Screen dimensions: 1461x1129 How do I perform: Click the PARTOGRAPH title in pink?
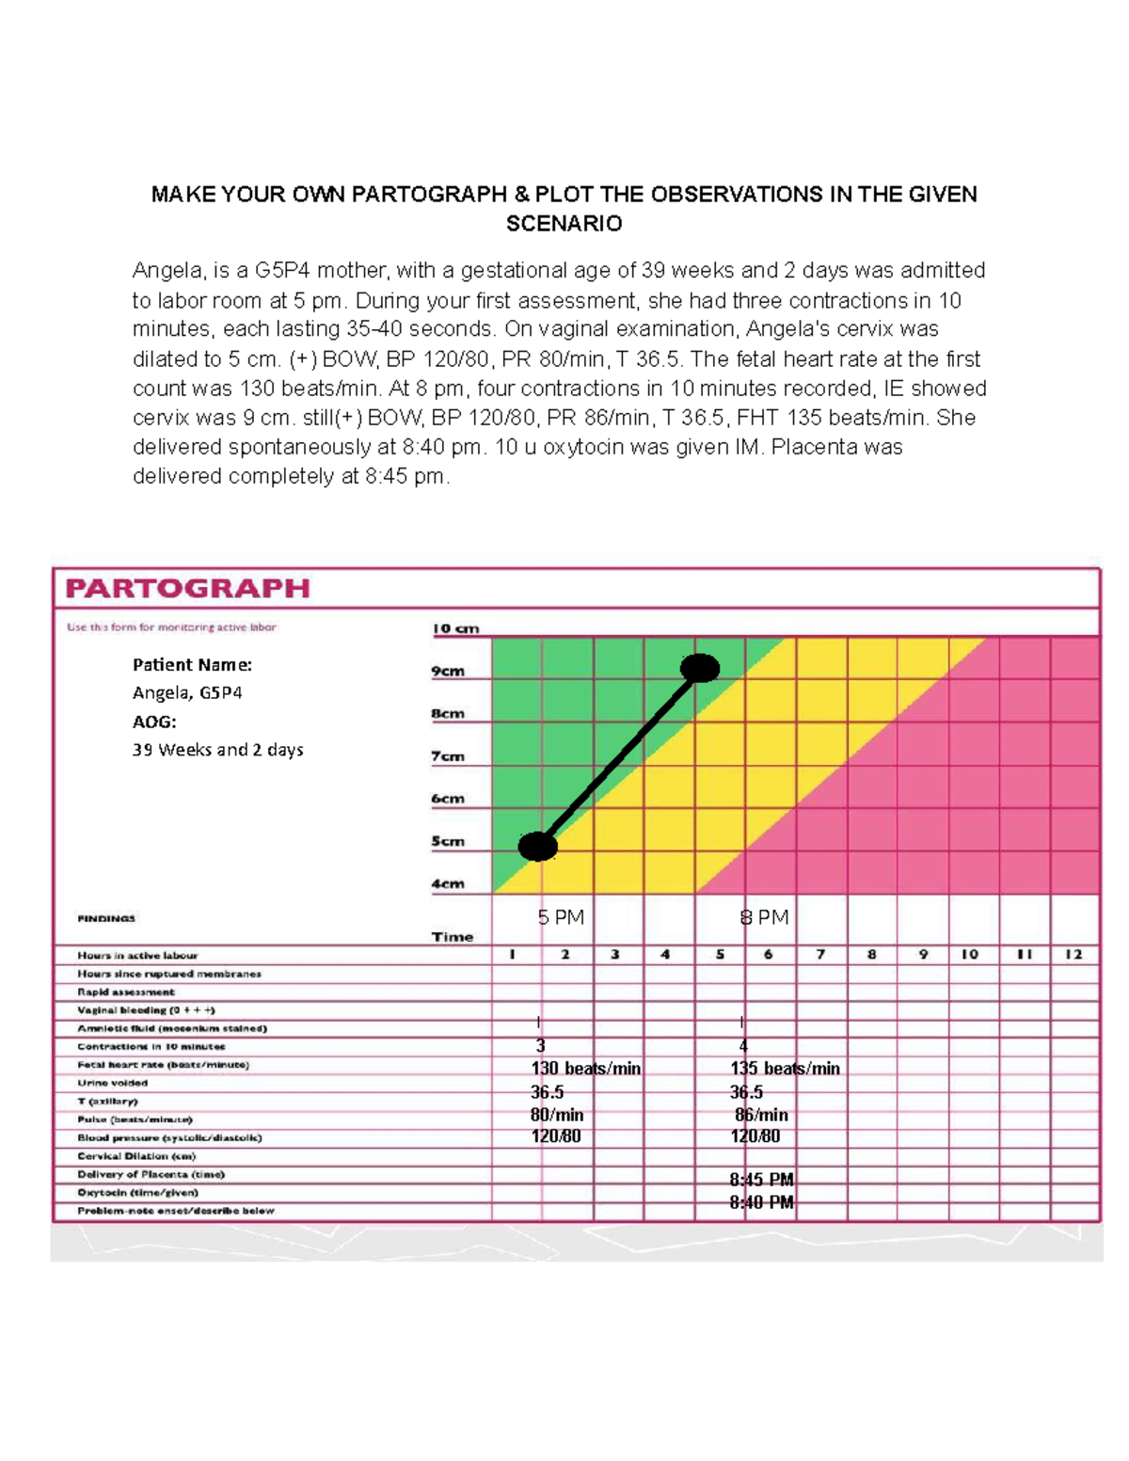pos(187,589)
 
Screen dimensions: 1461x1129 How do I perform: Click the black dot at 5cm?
pos(538,846)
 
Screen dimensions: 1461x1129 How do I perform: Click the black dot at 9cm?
pos(699,668)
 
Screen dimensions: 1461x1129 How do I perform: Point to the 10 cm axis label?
pos(455,628)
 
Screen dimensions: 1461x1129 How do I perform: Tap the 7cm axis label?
pos(448,756)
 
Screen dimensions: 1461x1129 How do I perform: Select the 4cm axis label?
pos(448,883)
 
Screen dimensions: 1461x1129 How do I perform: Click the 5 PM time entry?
pos(561,917)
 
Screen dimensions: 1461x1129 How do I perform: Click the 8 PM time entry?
pos(764,917)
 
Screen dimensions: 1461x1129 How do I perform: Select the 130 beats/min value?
pos(585,1069)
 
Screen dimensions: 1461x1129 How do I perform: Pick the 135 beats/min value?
pos(785,1069)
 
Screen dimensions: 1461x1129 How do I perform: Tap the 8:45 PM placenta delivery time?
pos(761,1180)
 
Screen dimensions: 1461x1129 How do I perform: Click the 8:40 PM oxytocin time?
pos(761,1202)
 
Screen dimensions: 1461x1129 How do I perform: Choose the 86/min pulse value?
pos(761,1115)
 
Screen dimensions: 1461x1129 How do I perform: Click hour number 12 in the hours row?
pos(1073,954)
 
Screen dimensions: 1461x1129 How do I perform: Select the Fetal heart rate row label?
pos(163,1065)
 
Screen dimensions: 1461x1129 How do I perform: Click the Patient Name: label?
pos(192,664)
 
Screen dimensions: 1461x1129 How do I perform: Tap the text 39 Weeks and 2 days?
pos(217,750)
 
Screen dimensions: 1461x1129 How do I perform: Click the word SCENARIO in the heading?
pos(564,224)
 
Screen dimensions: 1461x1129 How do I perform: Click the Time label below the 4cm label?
pos(453,937)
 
